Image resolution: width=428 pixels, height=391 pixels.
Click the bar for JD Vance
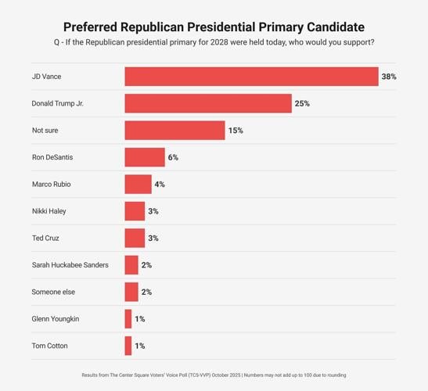tap(251, 77)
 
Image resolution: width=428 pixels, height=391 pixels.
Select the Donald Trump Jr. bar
tap(208, 103)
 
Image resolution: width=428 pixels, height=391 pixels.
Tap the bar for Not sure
tap(174, 131)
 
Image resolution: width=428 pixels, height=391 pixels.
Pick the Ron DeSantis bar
tap(145, 157)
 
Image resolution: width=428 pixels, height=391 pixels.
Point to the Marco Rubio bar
tap(138, 185)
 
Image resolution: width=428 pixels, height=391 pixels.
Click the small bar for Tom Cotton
tap(128, 346)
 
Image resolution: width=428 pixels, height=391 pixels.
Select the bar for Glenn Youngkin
tap(128, 319)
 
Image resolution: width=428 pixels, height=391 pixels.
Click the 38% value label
tap(389, 77)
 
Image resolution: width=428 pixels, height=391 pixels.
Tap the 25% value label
tap(302, 103)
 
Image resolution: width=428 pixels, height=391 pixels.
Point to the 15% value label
tap(236, 131)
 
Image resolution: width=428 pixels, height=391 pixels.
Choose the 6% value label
tap(173, 157)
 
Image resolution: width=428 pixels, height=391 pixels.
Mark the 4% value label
tap(159, 185)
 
